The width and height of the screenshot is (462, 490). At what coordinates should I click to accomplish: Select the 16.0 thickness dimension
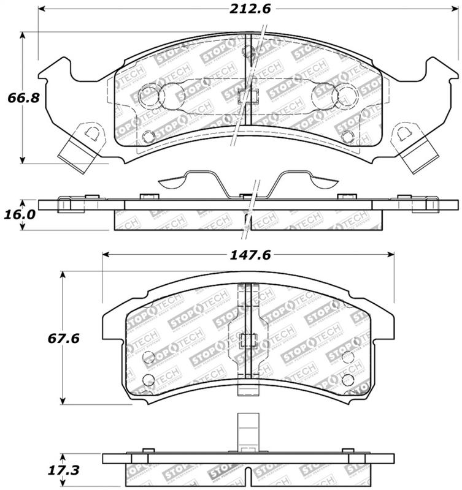[x=18, y=216]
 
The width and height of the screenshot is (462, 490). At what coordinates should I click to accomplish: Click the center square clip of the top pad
[x=247, y=96]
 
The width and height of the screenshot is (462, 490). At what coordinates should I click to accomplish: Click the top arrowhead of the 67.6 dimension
[x=63, y=274]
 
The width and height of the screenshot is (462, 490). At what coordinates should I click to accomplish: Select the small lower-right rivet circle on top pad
[x=347, y=136]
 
